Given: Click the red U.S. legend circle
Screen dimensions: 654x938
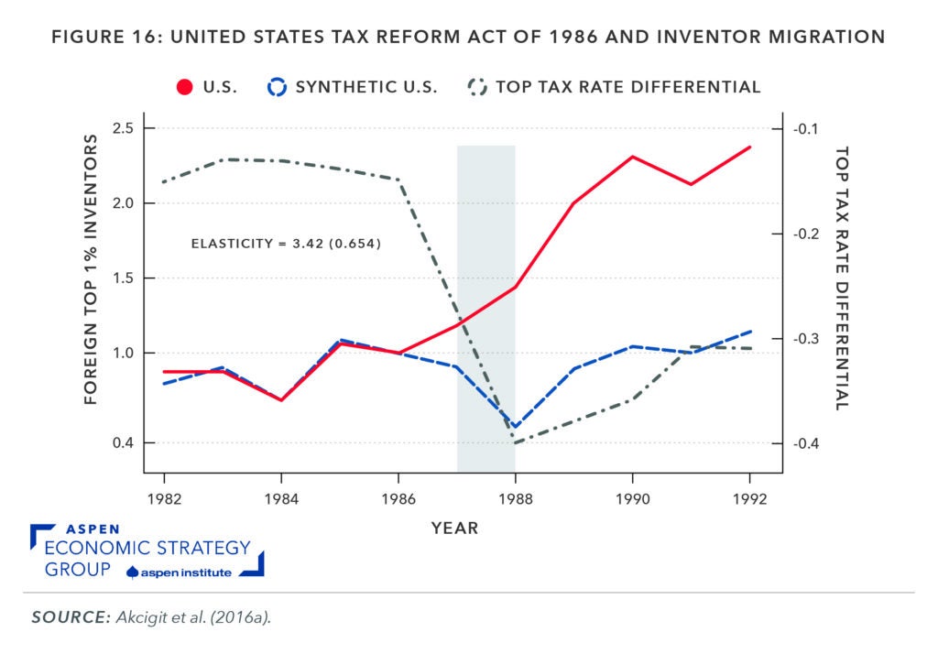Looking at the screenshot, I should [184, 87].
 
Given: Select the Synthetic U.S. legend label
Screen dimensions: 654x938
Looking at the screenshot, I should [366, 87].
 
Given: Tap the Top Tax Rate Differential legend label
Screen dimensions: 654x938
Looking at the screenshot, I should [627, 87].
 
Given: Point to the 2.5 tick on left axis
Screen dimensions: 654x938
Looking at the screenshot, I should [121, 128].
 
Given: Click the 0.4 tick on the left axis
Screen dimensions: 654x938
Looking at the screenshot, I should [121, 443].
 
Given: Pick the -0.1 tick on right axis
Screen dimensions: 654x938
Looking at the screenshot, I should [811, 128].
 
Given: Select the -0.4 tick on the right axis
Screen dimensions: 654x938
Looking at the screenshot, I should [811, 444].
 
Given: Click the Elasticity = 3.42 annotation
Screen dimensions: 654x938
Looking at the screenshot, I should [286, 244].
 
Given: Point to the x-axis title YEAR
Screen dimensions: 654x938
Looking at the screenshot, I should [455, 529].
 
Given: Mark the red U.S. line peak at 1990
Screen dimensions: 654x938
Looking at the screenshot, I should [632, 157].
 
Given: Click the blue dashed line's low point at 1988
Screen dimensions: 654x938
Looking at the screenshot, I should [515, 427].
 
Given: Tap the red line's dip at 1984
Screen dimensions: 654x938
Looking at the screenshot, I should [281, 400].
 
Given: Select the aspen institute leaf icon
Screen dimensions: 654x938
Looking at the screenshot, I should [133, 572].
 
